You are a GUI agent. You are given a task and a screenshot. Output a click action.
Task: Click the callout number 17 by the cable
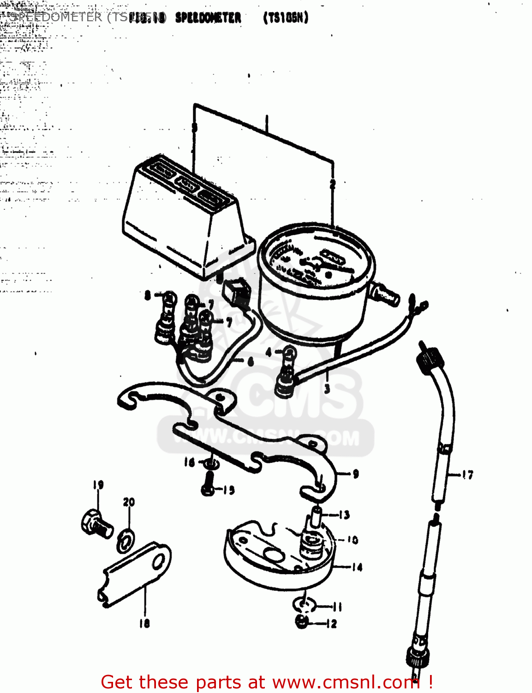[x=467, y=474]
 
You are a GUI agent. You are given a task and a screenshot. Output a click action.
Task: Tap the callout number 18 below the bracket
[x=144, y=623]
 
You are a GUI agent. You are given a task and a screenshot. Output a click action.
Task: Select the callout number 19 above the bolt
[x=98, y=485]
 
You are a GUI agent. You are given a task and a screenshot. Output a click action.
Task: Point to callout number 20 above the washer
[x=129, y=502]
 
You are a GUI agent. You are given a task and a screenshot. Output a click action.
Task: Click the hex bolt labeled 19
[x=96, y=523]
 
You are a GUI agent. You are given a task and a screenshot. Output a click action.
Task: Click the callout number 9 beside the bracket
[x=355, y=474]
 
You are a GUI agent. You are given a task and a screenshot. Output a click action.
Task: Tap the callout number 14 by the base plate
[x=357, y=567]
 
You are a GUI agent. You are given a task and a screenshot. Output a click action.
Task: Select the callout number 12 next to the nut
[x=332, y=624]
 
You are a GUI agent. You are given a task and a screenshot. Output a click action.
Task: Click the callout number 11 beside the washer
[x=336, y=607]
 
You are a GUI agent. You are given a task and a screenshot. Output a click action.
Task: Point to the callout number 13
[x=344, y=515]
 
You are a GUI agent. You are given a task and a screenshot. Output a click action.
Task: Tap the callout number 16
[x=190, y=462]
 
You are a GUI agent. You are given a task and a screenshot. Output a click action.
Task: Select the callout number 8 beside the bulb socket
[x=148, y=295]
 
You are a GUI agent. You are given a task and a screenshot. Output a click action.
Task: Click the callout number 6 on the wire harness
[x=250, y=361]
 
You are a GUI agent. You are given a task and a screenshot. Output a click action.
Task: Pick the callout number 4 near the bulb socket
[x=269, y=353]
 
